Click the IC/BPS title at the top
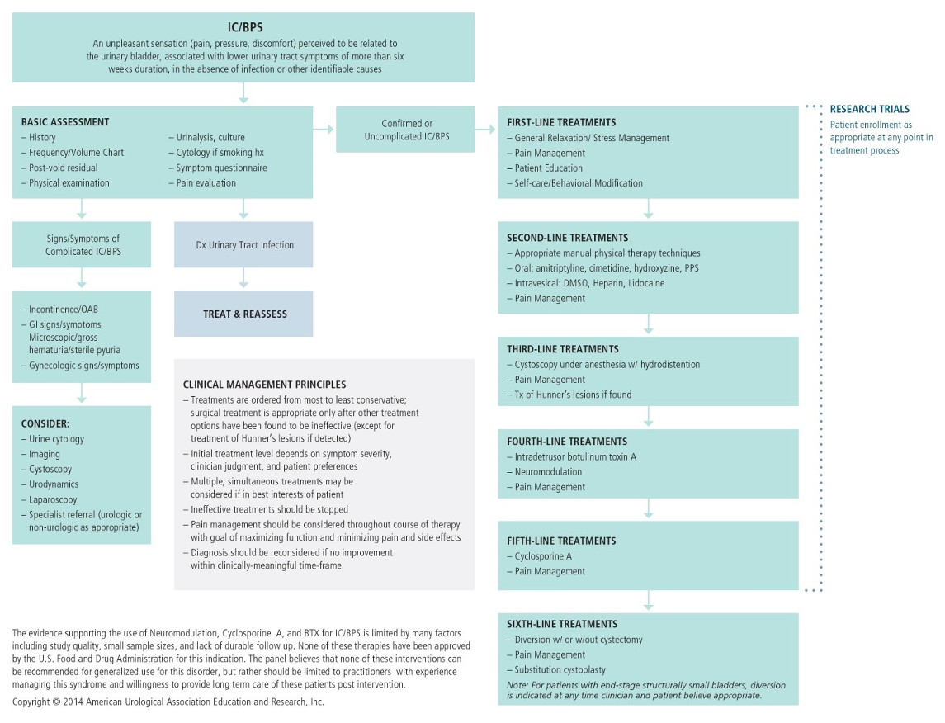(243, 26)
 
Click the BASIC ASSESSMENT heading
(65, 122)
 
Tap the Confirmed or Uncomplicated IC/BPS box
(405, 130)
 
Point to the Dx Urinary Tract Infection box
(243, 244)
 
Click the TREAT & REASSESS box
(243, 314)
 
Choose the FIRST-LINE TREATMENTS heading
(561, 122)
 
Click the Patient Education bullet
(548, 168)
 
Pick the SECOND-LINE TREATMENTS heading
(567, 238)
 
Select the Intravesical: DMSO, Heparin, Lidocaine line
(589, 283)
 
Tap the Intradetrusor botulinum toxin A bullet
(575, 456)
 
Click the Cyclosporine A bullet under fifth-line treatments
(543, 556)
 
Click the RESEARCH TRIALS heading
(869, 109)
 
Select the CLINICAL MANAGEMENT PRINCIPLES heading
(264, 385)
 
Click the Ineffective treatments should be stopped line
(269, 509)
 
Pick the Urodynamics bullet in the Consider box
(54, 484)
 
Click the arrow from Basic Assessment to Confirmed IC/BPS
(324, 130)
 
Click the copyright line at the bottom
(168, 702)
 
